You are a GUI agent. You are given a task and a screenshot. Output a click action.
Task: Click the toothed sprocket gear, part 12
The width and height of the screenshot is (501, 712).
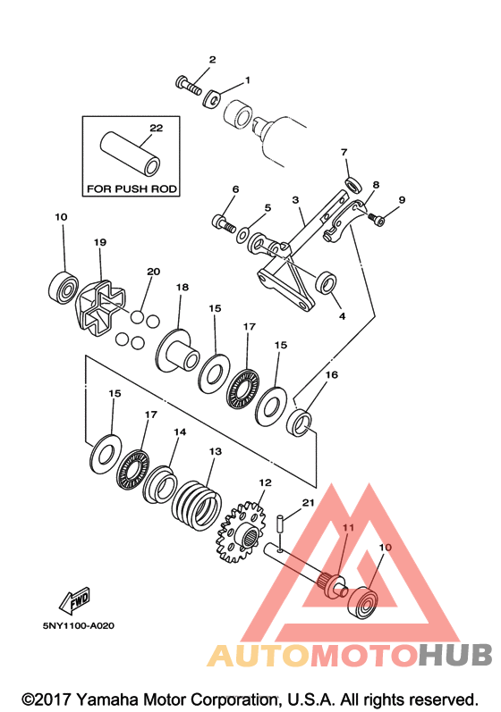pyautogui.click(x=241, y=532)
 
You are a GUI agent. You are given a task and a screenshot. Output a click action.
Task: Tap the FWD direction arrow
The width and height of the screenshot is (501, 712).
pyautogui.click(x=74, y=599)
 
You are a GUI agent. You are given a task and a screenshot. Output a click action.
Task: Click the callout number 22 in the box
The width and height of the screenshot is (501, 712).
pyautogui.click(x=156, y=128)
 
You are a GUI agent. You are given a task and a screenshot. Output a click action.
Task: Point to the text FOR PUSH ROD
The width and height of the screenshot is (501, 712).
pyautogui.click(x=132, y=188)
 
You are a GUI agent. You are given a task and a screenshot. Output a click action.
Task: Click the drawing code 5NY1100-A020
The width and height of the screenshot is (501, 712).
pyautogui.click(x=79, y=625)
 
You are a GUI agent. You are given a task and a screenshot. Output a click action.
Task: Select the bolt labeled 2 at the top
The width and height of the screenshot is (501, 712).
pyautogui.click(x=189, y=85)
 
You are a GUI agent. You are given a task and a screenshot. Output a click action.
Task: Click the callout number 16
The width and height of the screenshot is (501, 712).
pyautogui.click(x=332, y=374)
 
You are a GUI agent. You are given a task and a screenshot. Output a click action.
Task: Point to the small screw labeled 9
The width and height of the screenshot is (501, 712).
pyautogui.click(x=378, y=220)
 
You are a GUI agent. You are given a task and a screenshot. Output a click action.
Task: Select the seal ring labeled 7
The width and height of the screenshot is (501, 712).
pyautogui.click(x=353, y=184)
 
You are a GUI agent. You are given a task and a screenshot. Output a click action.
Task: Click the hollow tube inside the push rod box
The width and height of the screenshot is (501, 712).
pyautogui.click(x=131, y=155)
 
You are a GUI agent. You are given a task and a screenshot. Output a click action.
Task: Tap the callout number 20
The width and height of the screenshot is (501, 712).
pyautogui.click(x=154, y=272)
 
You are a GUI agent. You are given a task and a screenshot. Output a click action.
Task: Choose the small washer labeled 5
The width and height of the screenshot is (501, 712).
pyautogui.click(x=243, y=235)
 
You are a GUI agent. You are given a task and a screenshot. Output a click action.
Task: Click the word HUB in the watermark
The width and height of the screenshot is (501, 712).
pyautogui.click(x=455, y=655)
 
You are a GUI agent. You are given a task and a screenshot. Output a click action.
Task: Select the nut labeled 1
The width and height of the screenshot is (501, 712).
pyautogui.click(x=212, y=98)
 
